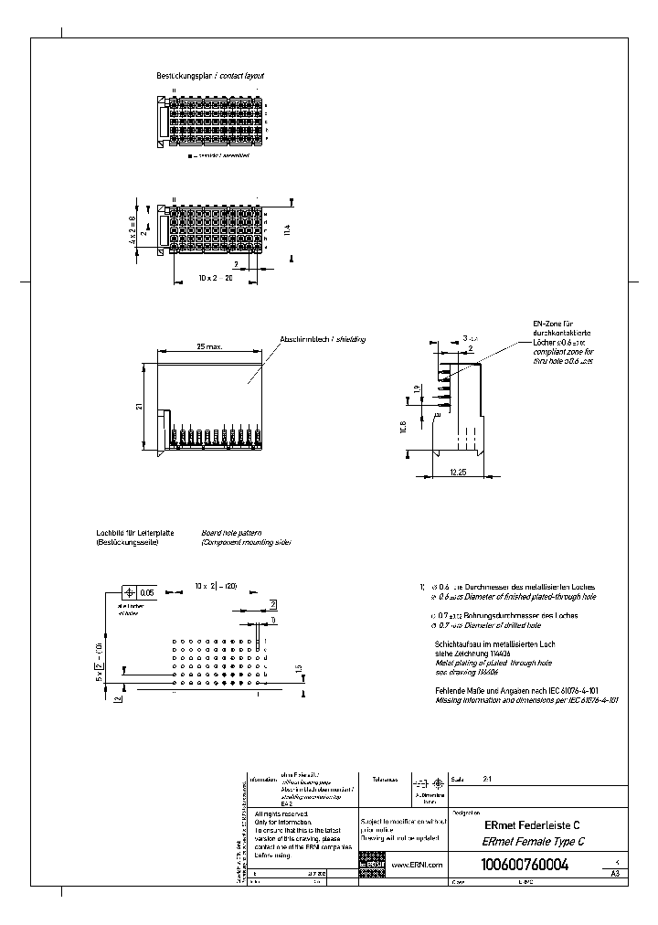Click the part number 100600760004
coord(524,865)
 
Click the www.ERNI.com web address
coord(417,865)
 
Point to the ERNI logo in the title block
coord(372,864)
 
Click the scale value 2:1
coord(487,781)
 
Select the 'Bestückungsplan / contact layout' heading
coord(211,77)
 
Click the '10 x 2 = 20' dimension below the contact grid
coord(216,276)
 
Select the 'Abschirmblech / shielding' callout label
coord(322,339)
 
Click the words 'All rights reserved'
coord(281,813)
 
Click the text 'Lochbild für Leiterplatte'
coord(134,532)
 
